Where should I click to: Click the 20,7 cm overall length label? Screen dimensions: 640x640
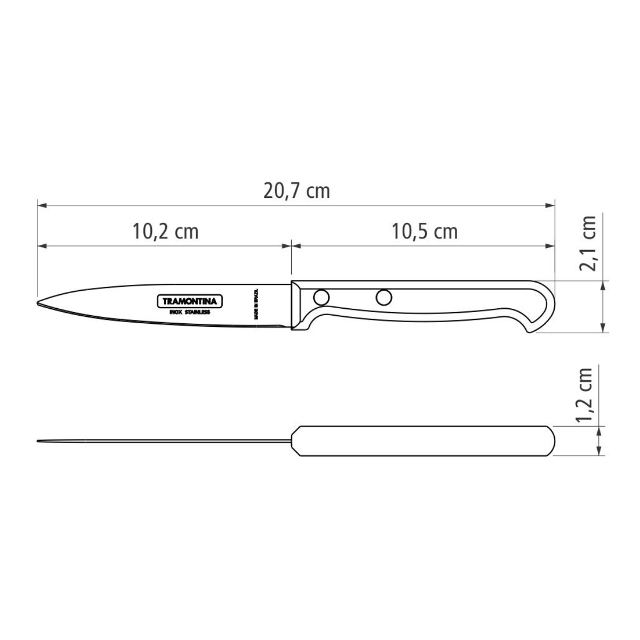[297, 190]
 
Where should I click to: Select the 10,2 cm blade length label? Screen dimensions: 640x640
[165, 231]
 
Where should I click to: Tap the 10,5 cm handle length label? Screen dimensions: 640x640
[425, 231]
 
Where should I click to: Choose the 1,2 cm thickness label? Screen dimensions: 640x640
[587, 395]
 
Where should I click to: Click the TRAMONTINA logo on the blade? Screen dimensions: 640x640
[189, 301]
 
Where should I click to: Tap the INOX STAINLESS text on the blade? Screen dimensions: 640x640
[189, 312]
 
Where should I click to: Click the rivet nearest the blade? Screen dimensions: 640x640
[321, 297]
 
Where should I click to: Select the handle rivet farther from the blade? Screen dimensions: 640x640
[383, 297]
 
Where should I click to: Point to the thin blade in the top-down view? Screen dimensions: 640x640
[160, 441]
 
